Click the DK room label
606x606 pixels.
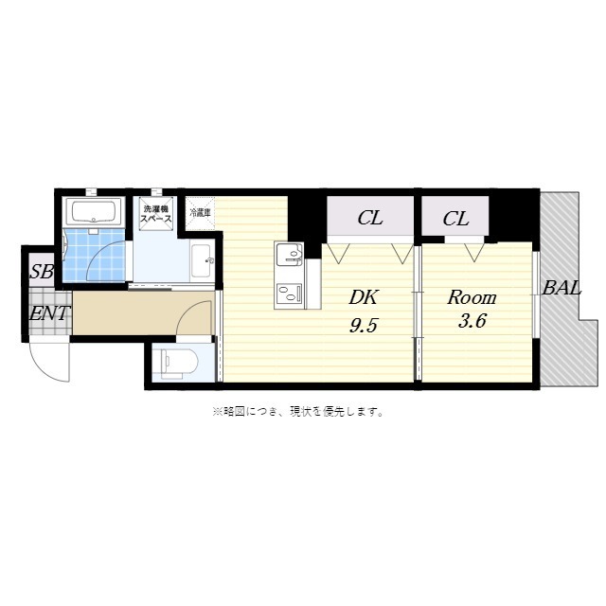tap(363, 297)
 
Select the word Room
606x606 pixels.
tap(472, 296)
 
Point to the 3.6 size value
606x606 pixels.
tap(472, 321)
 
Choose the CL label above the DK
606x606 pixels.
tap(369, 219)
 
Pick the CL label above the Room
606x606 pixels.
tap(455, 219)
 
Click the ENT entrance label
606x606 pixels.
tap(47, 313)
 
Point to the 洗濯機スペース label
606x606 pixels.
tap(156, 213)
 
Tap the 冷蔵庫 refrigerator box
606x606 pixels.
tap(200, 211)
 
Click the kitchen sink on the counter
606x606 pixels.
tap(289, 256)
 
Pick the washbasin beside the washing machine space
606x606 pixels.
tap(201, 258)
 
